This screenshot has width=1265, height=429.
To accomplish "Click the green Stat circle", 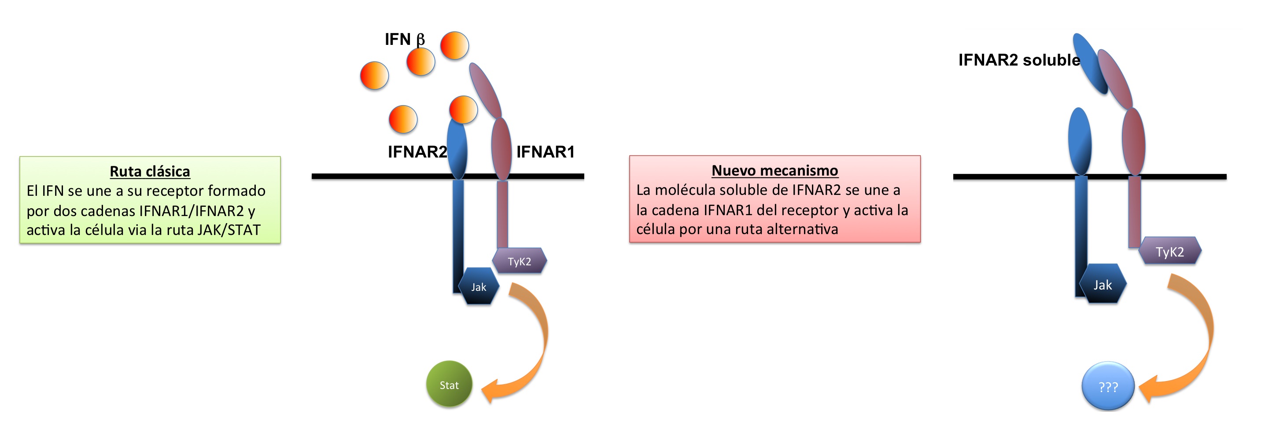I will click(449, 384).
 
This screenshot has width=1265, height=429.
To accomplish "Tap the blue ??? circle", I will click(1108, 386).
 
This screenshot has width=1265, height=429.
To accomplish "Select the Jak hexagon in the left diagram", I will click(479, 286).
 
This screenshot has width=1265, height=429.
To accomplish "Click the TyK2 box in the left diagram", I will click(520, 261).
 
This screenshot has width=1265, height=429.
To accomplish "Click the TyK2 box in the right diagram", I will click(1170, 251).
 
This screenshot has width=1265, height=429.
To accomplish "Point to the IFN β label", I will click(404, 39).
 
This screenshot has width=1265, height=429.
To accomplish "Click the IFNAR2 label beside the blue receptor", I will click(417, 152).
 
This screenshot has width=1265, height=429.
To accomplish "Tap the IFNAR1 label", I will click(545, 152).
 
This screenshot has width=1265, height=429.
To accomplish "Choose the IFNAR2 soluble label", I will click(1018, 60).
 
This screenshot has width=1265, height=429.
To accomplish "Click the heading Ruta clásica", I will click(150, 171).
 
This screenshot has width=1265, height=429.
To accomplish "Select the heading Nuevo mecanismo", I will click(774, 170).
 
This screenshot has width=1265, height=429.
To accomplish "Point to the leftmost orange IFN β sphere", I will click(374, 76).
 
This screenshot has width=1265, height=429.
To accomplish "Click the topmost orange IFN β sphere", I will click(454, 46).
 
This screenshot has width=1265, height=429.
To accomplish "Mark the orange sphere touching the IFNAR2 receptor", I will click(463, 110).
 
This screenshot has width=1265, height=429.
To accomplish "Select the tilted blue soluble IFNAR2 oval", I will click(1090, 64).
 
